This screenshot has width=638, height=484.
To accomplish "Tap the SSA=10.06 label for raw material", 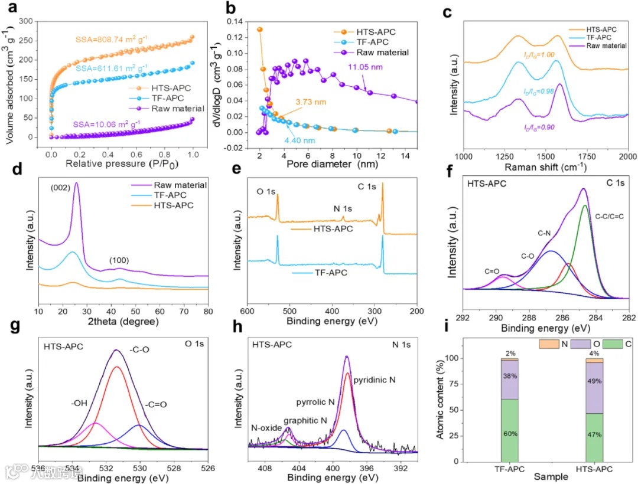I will point(108,124).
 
